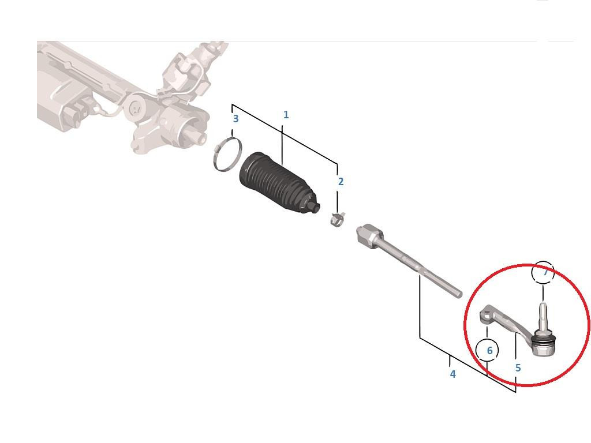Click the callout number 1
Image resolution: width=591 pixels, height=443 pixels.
[286, 115]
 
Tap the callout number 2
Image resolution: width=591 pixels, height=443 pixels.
[341, 182]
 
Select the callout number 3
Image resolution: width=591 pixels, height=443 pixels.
[235, 119]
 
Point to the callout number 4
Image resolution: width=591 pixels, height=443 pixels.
[452, 374]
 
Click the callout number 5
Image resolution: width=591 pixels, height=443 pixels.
[518, 367]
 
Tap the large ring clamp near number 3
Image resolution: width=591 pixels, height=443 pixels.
[227, 155]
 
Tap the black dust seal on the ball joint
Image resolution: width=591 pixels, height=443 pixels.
[543, 341]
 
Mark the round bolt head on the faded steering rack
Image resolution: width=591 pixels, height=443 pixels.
[134, 108]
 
